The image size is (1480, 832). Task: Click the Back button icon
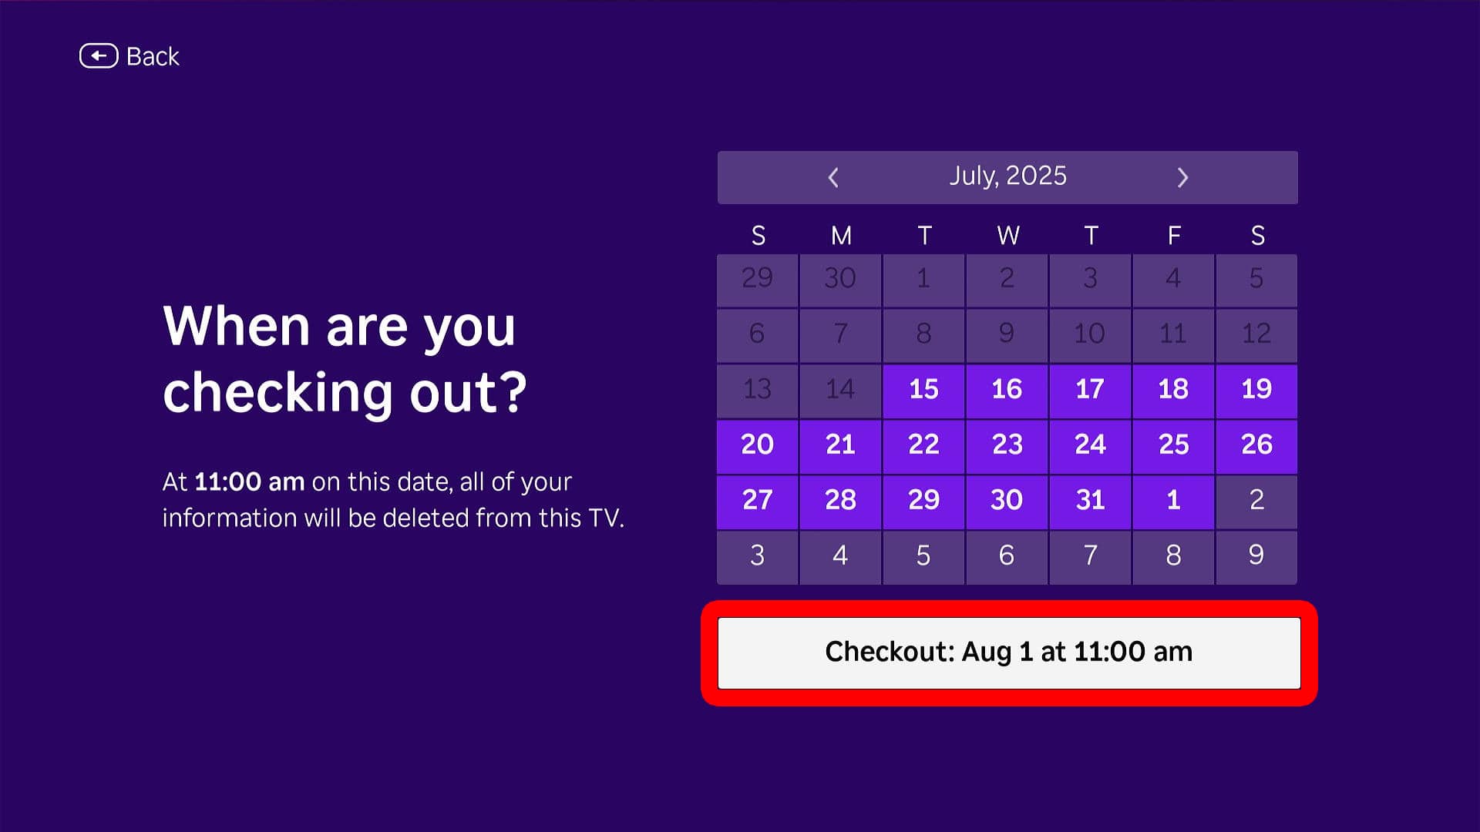(99, 56)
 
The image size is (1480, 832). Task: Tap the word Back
(153, 56)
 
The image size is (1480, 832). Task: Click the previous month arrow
(833, 178)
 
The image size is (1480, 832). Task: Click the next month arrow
(1182, 178)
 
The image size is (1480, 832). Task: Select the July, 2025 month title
(1007, 176)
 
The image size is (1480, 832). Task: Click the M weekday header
(841, 236)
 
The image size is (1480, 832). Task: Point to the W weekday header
(1008, 236)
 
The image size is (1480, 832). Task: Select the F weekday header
(1174, 236)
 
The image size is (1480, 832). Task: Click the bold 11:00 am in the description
(249, 482)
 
